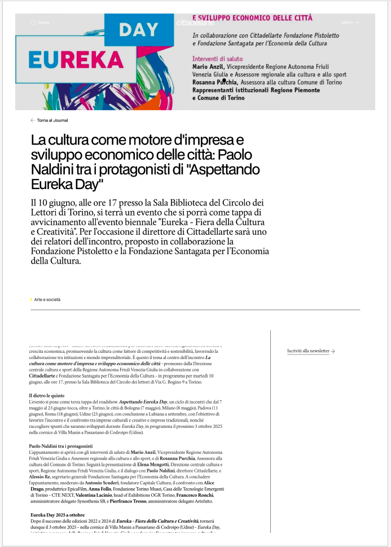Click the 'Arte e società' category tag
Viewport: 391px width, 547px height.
[47, 300]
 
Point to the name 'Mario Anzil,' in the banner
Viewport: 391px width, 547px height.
[209, 67]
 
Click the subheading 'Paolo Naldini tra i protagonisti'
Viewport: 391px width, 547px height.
[61, 447]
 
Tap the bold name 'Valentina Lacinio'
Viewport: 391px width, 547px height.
[95, 495]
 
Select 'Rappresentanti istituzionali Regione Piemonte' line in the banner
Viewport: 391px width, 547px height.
[256, 90]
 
